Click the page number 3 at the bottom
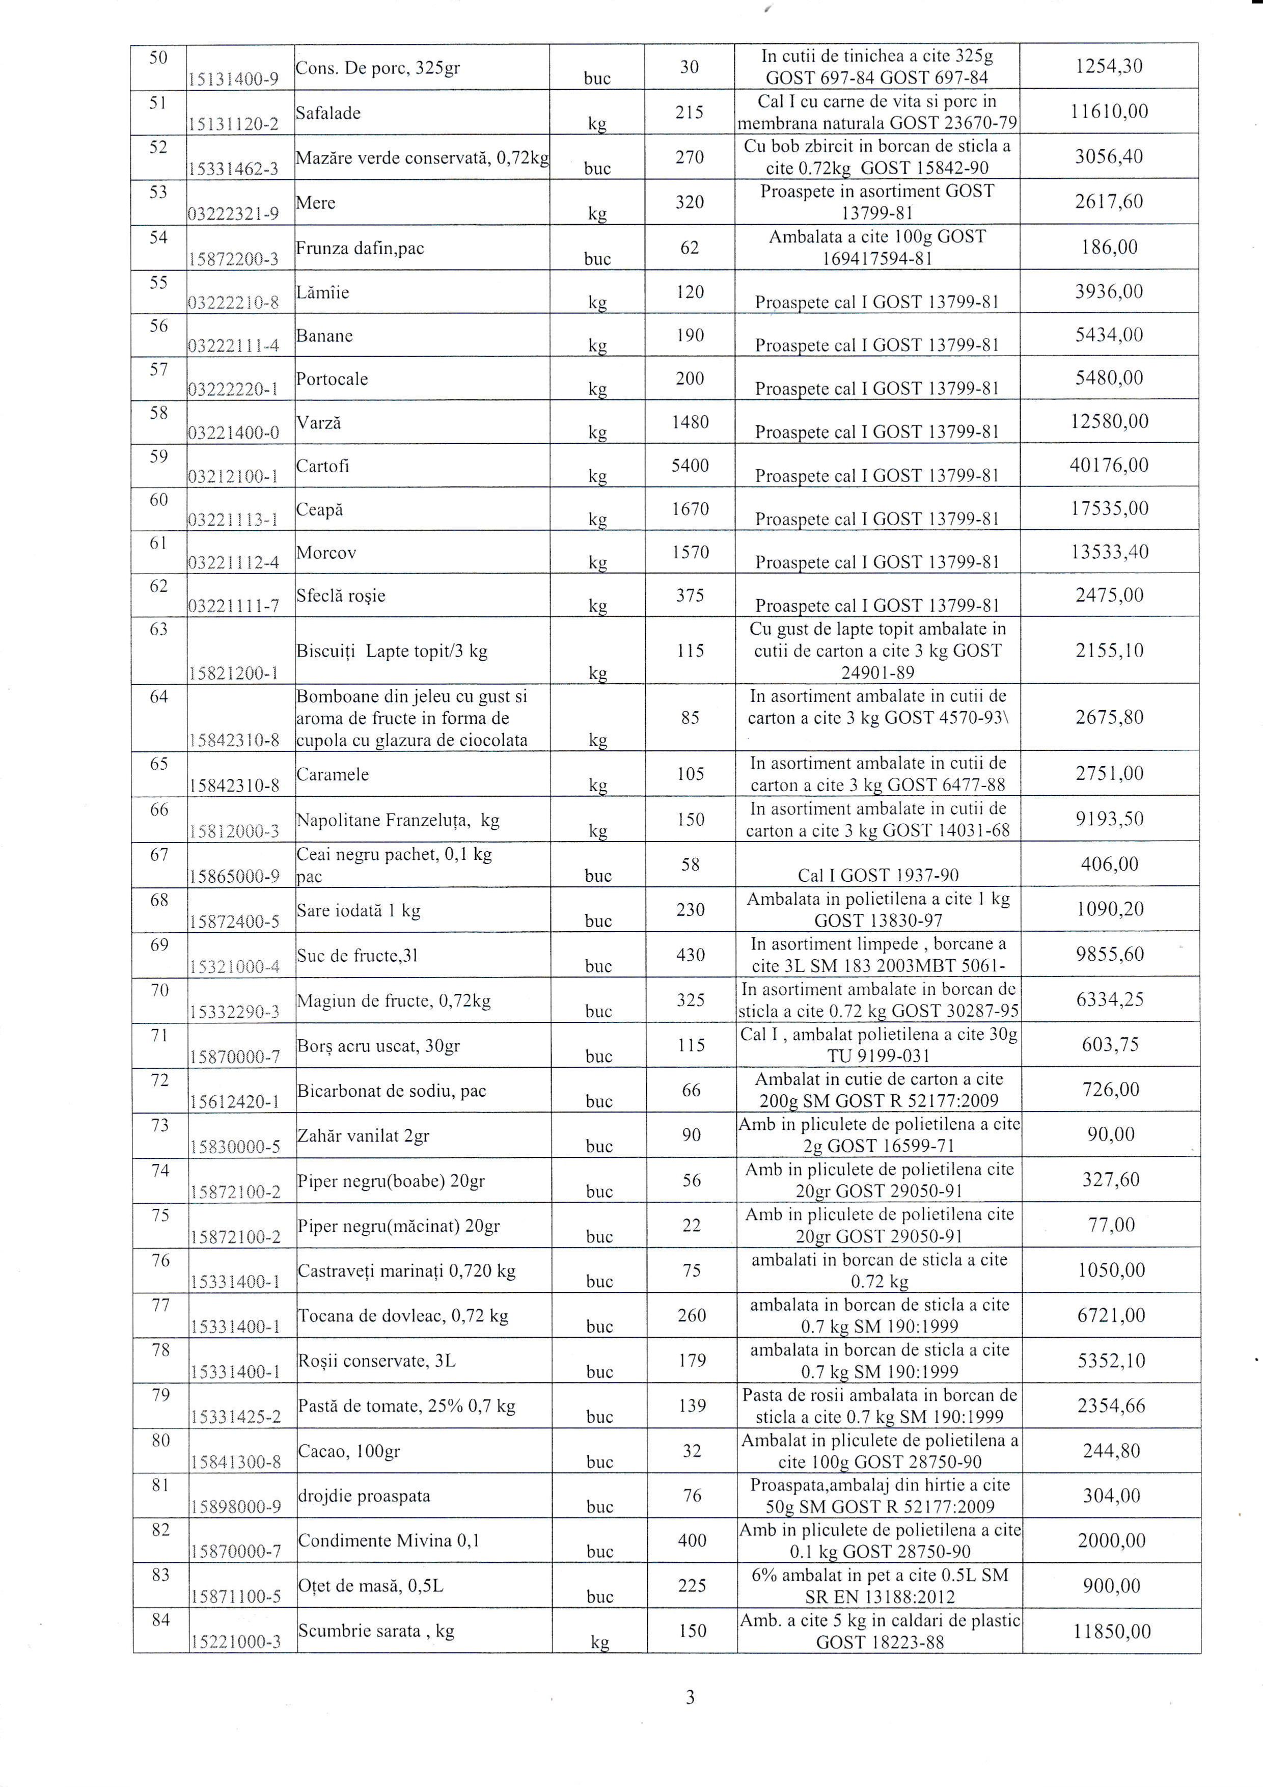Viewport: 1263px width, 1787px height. pos(690,1697)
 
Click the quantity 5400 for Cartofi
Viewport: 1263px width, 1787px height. pos(690,466)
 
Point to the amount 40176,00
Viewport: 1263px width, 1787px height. pos(1109,466)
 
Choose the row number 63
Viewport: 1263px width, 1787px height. pos(159,629)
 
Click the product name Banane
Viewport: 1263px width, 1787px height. pos(324,336)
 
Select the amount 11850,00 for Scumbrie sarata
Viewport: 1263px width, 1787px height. pos(1111,1631)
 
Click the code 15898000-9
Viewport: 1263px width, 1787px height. pos(235,1507)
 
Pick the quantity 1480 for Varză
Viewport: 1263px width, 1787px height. pos(690,422)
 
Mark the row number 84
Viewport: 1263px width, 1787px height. pos(160,1620)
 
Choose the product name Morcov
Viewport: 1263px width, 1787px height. pos(326,553)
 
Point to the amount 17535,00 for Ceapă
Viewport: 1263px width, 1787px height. pos(1109,509)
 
